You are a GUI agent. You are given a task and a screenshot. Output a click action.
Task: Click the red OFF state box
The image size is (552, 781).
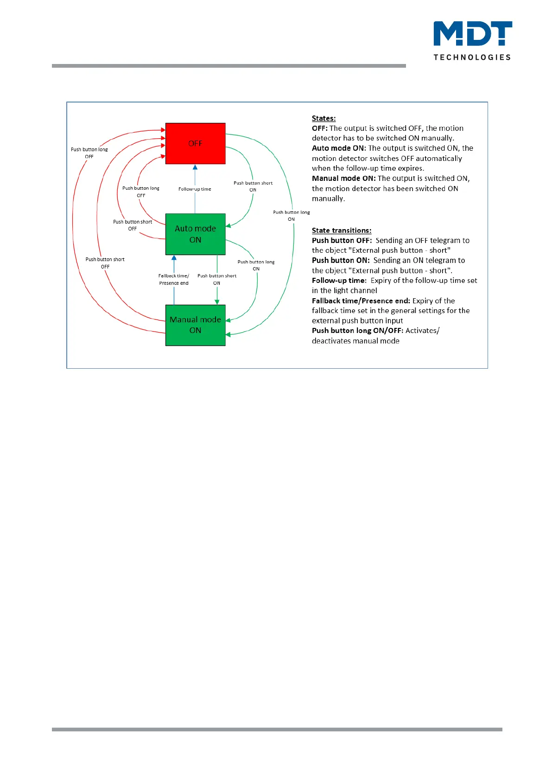(195, 143)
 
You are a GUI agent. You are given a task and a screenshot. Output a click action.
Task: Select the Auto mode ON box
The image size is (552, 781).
(195, 234)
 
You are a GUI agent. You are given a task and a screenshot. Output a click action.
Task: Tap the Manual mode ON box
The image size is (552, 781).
(195, 325)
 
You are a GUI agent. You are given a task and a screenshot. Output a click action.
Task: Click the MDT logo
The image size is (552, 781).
(472, 34)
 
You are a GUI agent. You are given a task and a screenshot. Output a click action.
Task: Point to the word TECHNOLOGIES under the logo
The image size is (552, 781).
(472, 57)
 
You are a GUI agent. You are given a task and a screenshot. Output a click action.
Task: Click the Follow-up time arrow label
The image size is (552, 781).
(195, 189)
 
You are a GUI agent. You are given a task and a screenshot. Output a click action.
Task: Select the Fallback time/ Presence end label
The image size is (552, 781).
(174, 279)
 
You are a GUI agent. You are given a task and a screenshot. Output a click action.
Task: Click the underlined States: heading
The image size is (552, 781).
(324, 118)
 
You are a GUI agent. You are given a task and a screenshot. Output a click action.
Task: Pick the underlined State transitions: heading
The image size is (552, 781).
(342, 230)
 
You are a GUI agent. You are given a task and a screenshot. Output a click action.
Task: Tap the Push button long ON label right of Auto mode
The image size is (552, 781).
(256, 265)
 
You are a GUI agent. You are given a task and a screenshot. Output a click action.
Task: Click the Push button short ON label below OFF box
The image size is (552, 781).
(253, 186)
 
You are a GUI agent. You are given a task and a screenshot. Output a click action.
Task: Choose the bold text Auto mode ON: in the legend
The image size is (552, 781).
(339, 148)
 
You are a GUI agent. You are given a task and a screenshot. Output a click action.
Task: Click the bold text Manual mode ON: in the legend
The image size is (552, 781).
(343, 179)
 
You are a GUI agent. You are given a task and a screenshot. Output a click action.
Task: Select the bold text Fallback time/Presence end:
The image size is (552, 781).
(361, 301)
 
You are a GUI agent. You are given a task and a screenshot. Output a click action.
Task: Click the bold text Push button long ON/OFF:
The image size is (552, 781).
(357, 331)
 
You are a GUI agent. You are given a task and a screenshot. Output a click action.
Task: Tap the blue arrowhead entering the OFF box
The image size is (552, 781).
(195, 167)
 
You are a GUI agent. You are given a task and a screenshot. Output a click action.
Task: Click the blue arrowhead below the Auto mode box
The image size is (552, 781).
(174, 258)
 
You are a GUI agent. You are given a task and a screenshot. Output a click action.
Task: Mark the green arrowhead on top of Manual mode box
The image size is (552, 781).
(217, 302)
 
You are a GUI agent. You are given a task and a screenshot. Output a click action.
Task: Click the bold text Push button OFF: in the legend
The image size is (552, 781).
(342, 241)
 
